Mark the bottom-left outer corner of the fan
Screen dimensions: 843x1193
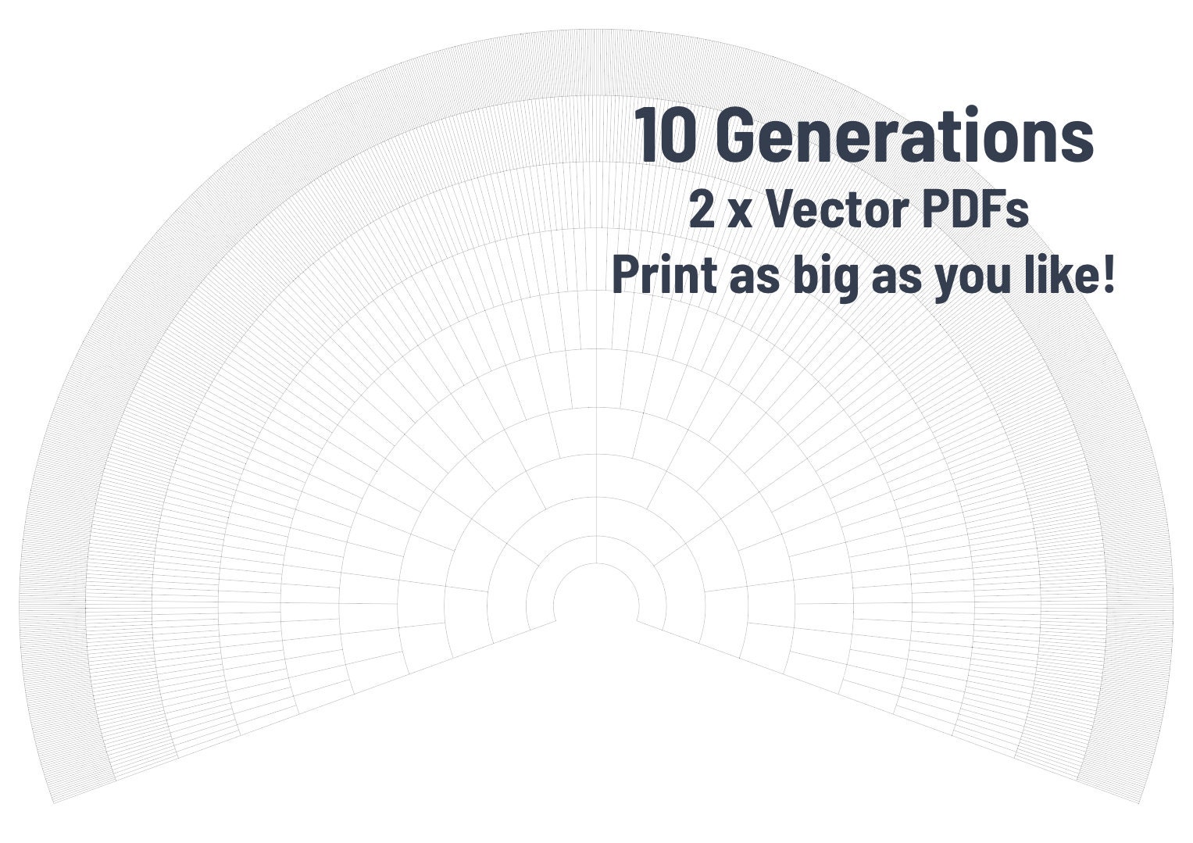(x=53, y=802)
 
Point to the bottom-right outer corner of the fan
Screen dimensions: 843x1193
(x=1140, y=802)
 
